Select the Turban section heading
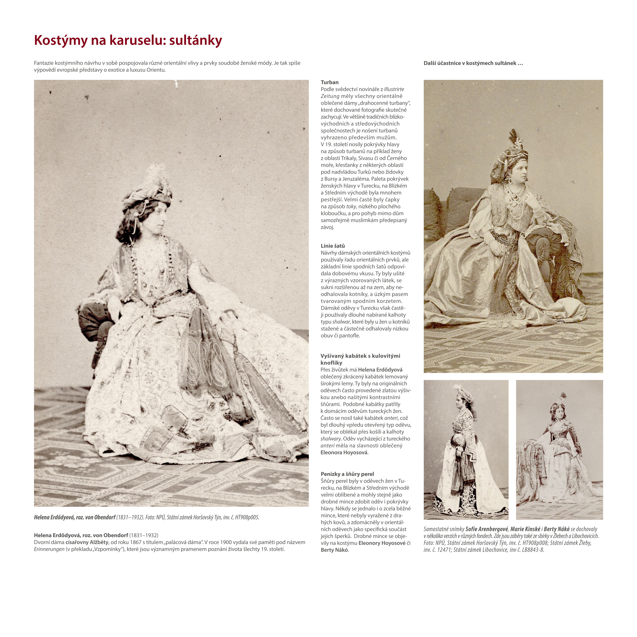coord(329,82)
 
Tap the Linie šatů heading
coord(333,246)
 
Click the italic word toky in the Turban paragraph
coord(351,207)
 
